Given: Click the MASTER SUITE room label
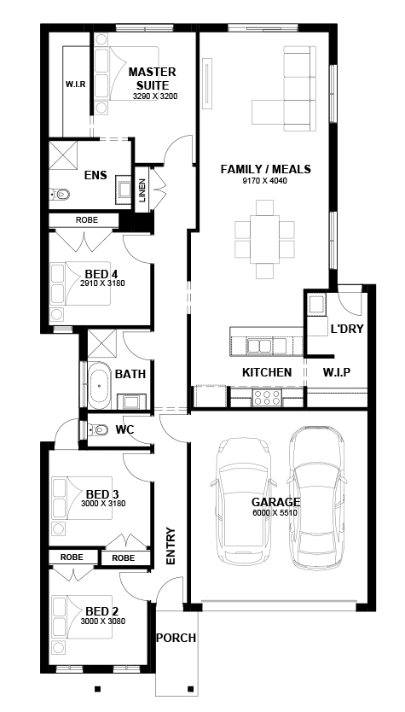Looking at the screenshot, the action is (152, 79).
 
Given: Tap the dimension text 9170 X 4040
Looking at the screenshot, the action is (265, 181).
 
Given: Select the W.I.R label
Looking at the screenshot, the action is (76, 84).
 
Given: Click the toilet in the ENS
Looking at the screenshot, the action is (60, 195).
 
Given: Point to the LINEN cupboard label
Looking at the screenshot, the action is (142, 189).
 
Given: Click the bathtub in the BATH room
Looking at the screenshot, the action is (99, 385).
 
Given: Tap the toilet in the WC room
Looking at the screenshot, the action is (97, 429).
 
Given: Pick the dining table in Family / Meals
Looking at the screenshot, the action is (264, 239).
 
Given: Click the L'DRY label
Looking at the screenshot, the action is (347, 329).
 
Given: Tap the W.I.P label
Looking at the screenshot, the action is (337, 372).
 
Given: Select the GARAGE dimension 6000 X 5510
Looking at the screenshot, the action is (275, 513).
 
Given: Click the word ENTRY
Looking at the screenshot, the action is (171, 546).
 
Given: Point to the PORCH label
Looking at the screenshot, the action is (176, 638).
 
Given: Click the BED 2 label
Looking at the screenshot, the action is (102, 611).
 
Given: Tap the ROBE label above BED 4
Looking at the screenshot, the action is (87, 220).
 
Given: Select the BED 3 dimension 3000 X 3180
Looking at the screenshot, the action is (103, 504).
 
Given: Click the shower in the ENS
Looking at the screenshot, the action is (63, 155).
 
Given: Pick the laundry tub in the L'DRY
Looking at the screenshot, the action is (315, 304).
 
